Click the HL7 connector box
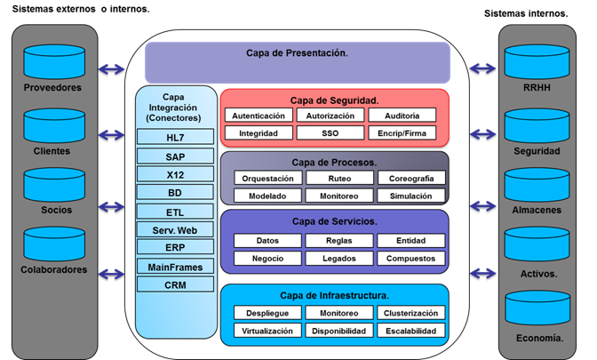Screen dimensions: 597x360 [x=175, y=137]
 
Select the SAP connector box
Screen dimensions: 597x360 [x=175, y=156]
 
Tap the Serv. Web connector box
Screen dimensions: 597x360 [x=175, y=229]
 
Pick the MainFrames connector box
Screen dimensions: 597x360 [x=175, y=267]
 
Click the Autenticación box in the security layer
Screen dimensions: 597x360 [x=259, y=116]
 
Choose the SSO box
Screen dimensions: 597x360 [x=330, y=133]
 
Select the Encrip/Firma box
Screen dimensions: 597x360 [x=402, y=133]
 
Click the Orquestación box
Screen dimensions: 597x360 [x=267, y=178]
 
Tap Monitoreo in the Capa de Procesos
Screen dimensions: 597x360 [x=339, y=196]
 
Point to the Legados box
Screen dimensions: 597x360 [x=339, y=258]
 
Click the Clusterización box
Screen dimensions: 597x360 [x=410, y=313]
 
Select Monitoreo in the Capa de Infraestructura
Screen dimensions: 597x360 [x=339, y=313]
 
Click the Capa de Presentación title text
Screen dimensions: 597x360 [x=297, y=53]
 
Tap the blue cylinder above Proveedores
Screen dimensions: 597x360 [x=54, y=62]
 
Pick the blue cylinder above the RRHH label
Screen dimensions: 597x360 [x=537, y=62]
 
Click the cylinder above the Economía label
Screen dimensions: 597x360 [x=537, y=308]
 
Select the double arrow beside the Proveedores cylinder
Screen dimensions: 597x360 [x=112, y=69]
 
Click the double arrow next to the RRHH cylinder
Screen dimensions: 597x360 [x=482, y=68]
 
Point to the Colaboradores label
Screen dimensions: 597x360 [x=53, y=269]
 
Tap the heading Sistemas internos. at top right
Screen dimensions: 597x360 [x=526, y=13]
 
